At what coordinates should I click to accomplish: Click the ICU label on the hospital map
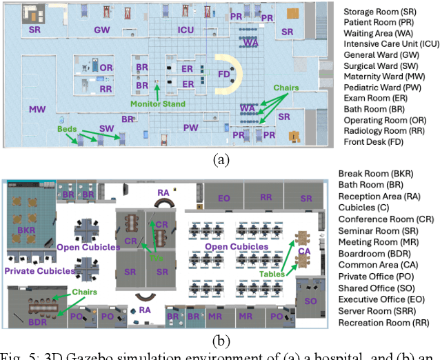pyautogui.click(x=186, y=30)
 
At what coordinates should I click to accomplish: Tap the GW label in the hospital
pyautogui.click(x=102, y=30)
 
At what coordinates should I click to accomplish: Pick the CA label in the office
pyautogui.click(x=304, y=252)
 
